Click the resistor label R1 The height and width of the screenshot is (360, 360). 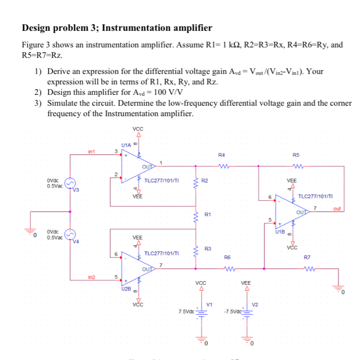(x=208, y=215)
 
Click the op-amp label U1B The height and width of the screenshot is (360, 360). (x=280, y=232)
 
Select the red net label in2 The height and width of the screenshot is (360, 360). (x=92, y=277)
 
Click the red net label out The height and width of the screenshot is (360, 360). (x=337, y=209)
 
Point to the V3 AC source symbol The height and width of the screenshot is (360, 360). (x=70, y=182)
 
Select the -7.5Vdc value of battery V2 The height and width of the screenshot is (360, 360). (x=231, y=311)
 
